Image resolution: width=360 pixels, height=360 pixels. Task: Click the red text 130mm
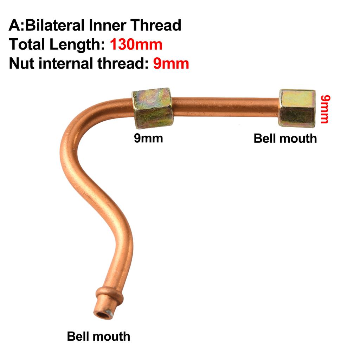click(136, 45)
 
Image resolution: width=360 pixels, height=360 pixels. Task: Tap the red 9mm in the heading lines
click(171, 64)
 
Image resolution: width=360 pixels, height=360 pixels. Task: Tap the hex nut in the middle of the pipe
click(152, 108)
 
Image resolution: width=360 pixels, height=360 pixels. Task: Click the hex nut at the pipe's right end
click(297, 108)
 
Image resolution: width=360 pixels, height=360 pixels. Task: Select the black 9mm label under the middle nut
click(148, 138)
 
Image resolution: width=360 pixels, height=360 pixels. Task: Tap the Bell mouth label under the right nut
click(285, 138)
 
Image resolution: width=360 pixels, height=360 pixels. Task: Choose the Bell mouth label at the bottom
click(98, 336)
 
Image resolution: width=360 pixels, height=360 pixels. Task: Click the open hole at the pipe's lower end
click(103, 314)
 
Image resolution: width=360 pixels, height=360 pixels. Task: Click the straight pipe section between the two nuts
click(225, 107)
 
